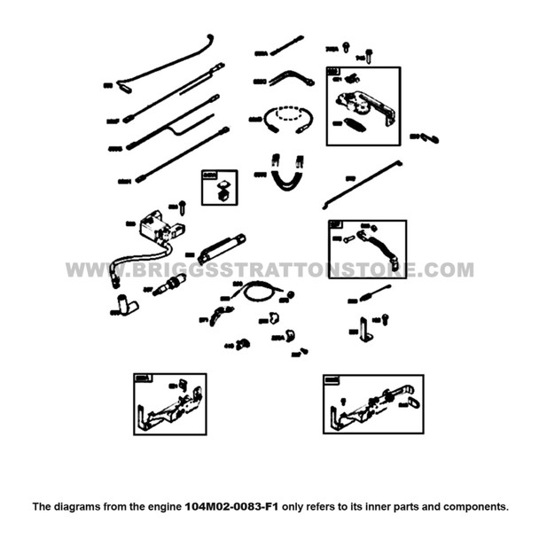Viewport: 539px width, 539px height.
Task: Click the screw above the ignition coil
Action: pos(182,207)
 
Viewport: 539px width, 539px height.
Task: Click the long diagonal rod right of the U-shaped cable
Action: pos(364,183)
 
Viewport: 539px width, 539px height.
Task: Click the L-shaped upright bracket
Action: pos(364,329)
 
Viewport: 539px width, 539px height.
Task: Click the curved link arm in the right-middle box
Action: pos(371,238)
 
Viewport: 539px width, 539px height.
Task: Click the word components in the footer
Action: pos(474,507)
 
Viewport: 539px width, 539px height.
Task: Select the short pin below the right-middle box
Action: pos(371,293)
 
